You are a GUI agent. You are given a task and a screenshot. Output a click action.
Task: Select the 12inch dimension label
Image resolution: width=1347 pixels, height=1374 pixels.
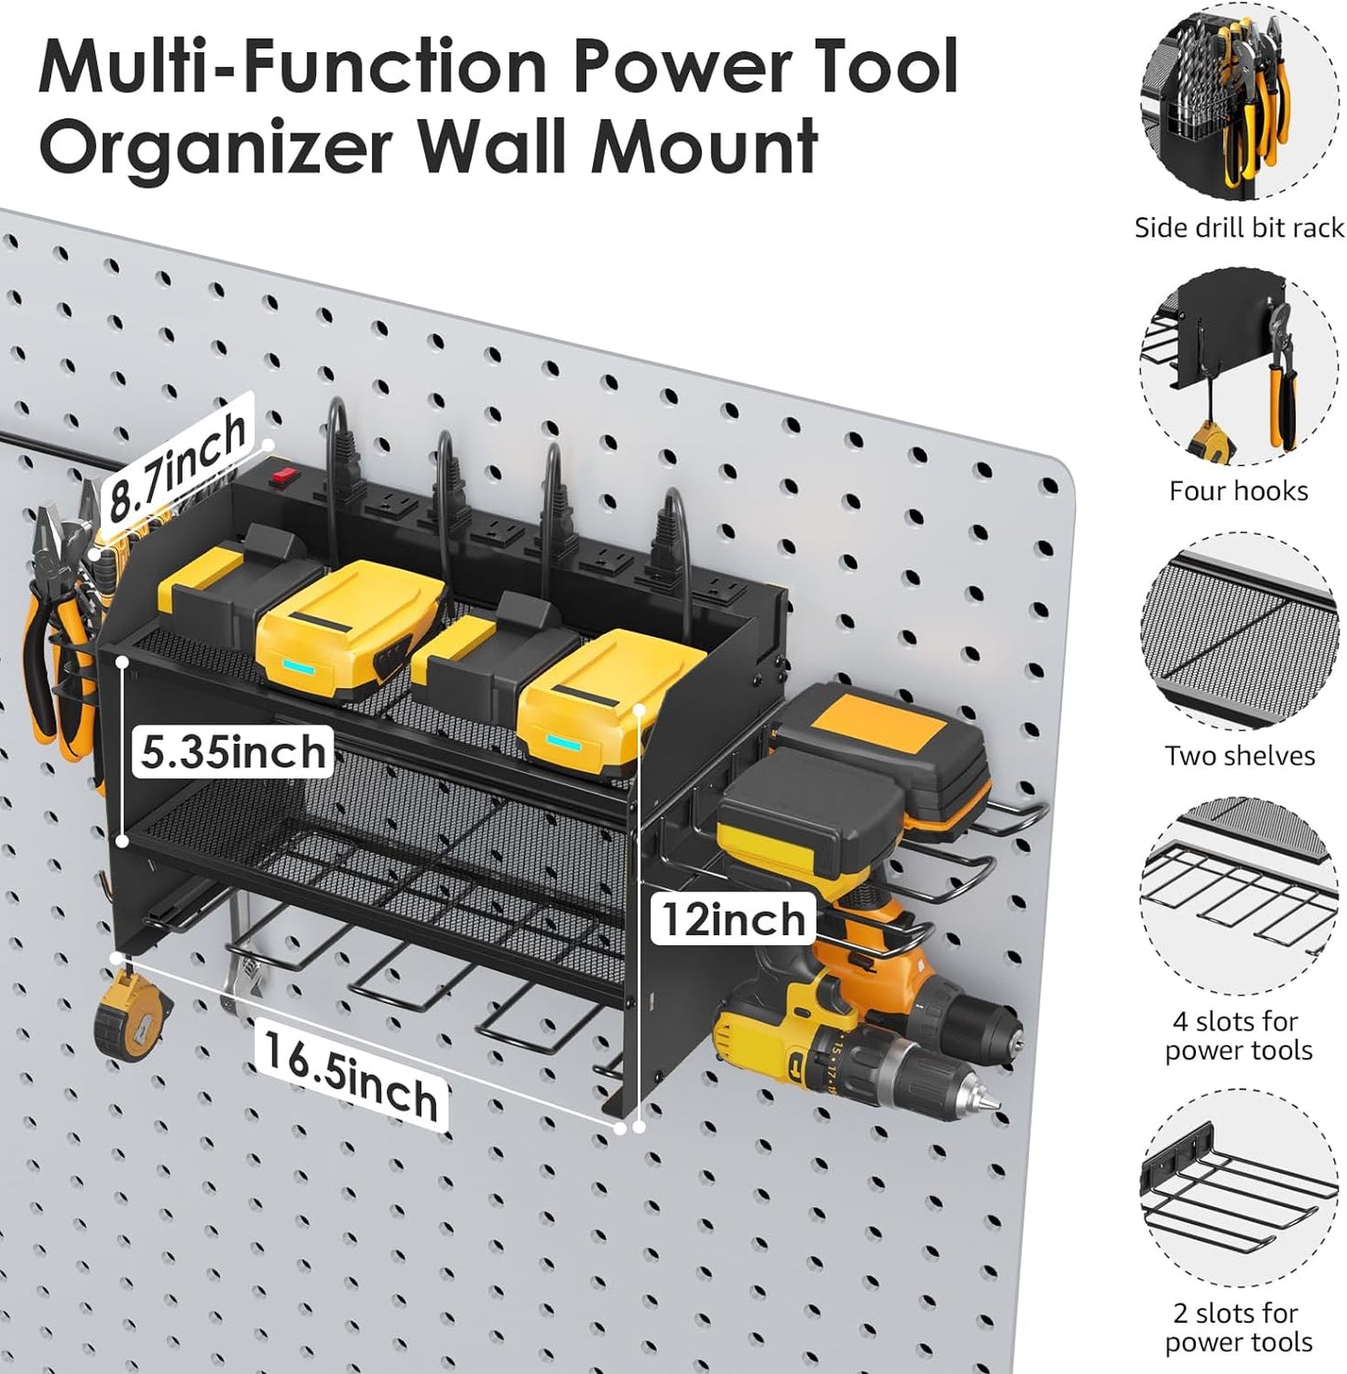coord(734,920)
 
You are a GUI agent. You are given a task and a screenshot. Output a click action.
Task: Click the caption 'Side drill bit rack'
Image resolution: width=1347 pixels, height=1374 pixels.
coord(1238,227)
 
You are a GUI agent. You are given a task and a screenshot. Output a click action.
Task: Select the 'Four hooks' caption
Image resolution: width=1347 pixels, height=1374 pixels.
coord(1238,491)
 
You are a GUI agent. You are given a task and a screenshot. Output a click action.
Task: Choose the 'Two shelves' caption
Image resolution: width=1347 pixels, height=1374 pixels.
coord(1239,755)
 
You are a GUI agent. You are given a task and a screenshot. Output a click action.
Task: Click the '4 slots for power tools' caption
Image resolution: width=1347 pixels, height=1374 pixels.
coord(1238,1036)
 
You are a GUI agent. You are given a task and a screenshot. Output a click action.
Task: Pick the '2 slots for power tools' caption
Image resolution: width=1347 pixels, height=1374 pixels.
coord(1238,1326)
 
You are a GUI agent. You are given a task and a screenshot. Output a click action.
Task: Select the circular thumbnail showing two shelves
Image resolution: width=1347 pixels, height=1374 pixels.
coord(1239,633)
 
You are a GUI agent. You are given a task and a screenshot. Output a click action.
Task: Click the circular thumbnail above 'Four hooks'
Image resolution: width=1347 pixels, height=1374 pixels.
coord(1239,368)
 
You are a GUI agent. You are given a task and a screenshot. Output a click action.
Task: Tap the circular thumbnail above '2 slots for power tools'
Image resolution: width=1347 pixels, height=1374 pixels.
coord(1239,1189)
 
